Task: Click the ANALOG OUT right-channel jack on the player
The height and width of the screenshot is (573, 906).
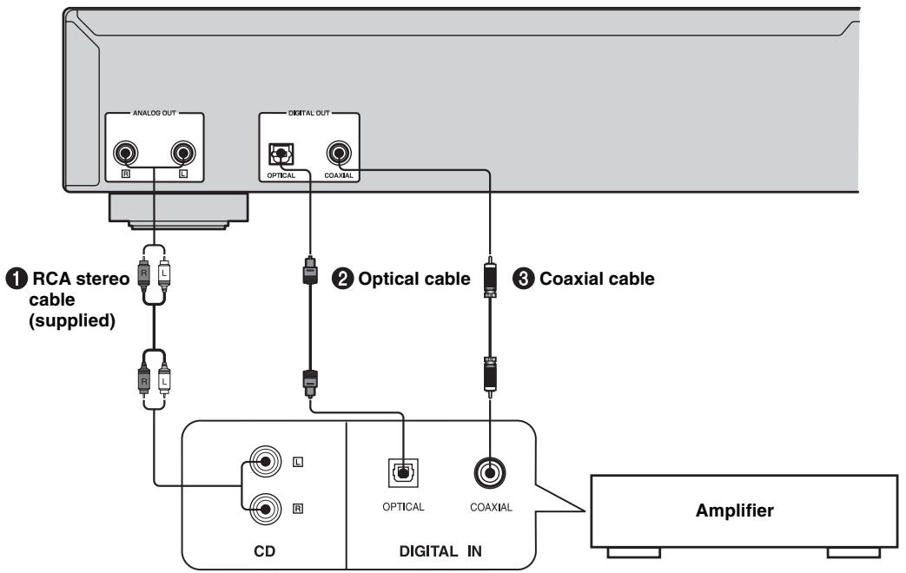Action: [125, 154]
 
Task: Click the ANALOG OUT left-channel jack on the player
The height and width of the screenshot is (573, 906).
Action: [183, 154]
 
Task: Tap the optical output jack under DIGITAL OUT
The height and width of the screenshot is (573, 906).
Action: [281, 155]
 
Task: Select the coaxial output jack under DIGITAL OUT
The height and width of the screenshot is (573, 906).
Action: [339, 154]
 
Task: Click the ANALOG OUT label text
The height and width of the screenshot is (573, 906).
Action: [155, 113]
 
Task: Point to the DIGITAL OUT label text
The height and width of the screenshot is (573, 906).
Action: [309, 113]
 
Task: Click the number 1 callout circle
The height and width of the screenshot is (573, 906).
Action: [17, 279]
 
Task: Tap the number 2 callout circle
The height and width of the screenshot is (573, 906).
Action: [342, 279]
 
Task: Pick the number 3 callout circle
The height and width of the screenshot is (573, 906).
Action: [523, 279]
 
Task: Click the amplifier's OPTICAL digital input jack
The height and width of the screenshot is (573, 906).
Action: [403, 473]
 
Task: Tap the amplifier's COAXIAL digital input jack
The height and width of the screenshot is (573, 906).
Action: [490, 473]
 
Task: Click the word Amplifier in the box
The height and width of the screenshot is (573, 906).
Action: [734, 510]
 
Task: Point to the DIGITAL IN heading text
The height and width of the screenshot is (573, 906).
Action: [440, 551]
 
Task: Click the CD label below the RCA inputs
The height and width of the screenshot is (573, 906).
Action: [265, 551]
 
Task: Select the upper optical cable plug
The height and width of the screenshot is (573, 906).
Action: [310, 270]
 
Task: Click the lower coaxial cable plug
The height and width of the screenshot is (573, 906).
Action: [490, 376]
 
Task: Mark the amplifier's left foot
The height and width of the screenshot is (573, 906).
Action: [633, 553]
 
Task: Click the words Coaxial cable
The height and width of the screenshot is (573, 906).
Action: [597, 279]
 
